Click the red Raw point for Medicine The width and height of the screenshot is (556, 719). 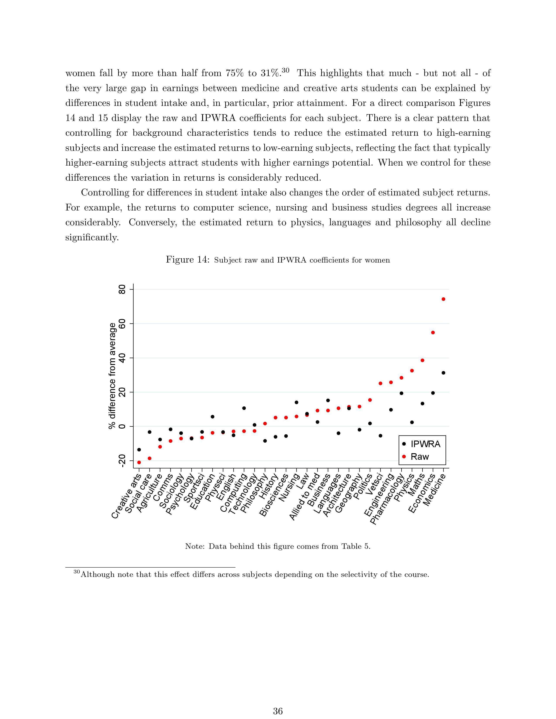tap(443, 299)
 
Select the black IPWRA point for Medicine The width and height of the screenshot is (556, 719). tap(443, 373)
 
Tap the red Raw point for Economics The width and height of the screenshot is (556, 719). tap(433, 332)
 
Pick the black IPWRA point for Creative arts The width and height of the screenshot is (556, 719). tap(139, 449)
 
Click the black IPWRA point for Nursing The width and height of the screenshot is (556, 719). tap(297, 402)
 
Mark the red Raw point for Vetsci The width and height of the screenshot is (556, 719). tap(380, 383)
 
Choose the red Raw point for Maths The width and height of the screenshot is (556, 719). tap(422, 360)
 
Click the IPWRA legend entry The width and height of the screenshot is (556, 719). tap(425, 444)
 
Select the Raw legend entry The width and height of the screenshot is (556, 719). tap(420, 457)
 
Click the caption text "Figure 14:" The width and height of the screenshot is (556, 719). tap(188, 259)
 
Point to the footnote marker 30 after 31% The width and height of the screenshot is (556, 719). tap(285, 70)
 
